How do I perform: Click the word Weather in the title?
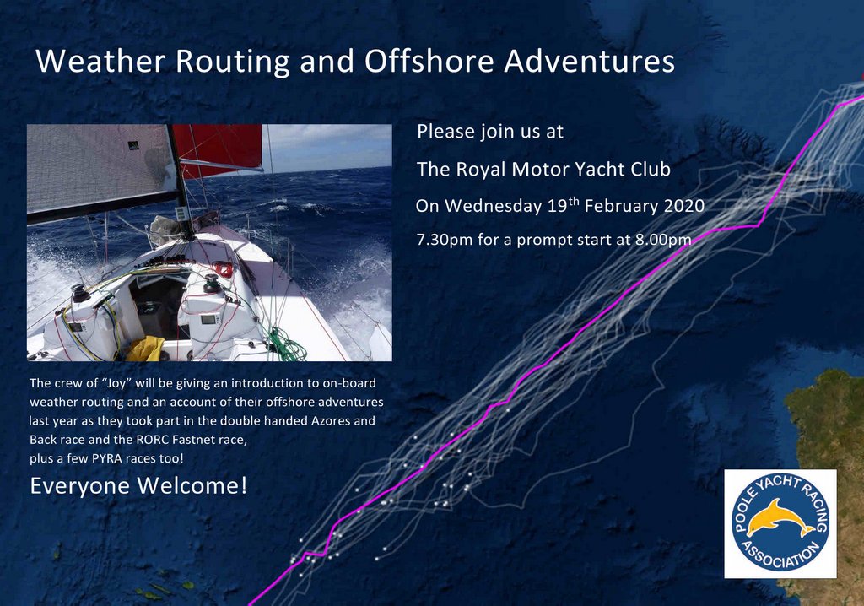(100, 61)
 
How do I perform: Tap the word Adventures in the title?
(590, 61)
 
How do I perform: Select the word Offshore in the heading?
(429, 61)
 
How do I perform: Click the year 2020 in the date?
(683, 206)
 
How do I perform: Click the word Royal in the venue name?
(480, 170)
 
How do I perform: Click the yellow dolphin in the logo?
(780, 518)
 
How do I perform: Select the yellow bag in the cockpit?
(145, 349)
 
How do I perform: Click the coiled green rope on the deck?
(287, 344)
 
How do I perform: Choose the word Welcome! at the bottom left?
(192, 486)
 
